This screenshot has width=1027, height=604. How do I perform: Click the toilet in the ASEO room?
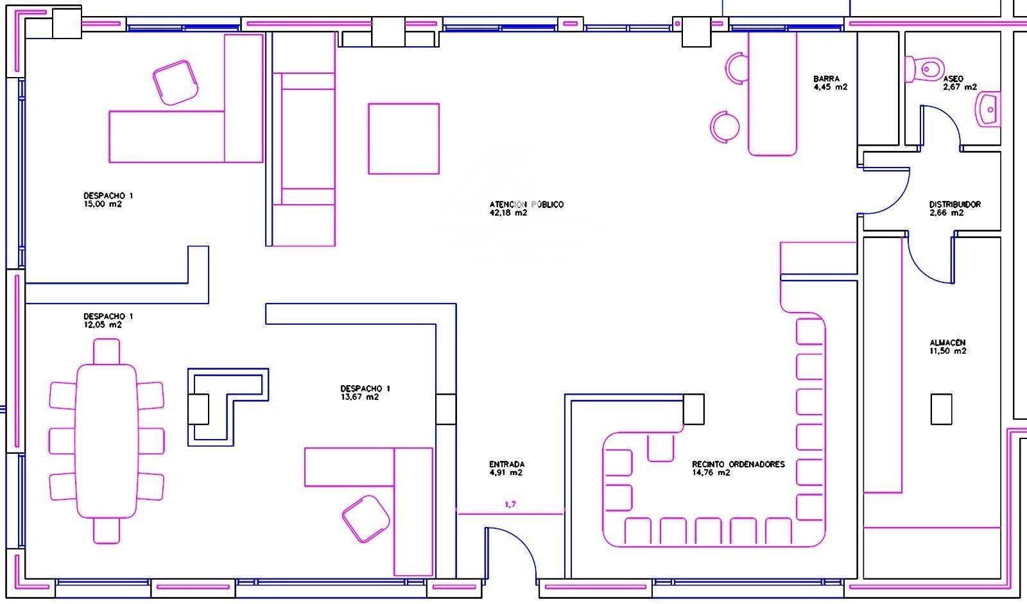pyautogui.click(x=924, y=69)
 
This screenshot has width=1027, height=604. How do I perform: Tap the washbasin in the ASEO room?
pyautogui.click(x=988, y=109)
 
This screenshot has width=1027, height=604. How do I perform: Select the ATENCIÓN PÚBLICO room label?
pyautogui.click(x=526, y=205)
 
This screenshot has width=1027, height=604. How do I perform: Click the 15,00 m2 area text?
pyautogui.click(x=103, y=204)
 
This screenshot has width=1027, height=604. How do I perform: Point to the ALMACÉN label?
pyautogui.click(x=947, y=343)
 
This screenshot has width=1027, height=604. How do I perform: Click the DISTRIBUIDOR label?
pyautogui.click(x=955, y=205)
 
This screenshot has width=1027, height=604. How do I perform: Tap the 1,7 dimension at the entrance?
pyautogui.click(x=510, y=505)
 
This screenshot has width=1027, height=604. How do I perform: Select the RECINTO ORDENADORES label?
pyautogui.click(x=738, y=464)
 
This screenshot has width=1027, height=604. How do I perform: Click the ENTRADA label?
pyautogui.click(x=506, y=464)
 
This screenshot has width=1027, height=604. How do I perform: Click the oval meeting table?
pyautogui.click(x=107, y=441)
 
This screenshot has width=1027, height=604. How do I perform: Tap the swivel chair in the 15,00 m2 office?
pyautogui.click(x=175, y=83)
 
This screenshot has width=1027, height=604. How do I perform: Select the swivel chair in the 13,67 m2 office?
pyautogui.click(x=366, y=519)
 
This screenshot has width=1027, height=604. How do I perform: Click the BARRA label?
pyautogui.click(x=826, y=79)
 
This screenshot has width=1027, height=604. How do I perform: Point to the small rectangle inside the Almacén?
pyautogui.click(x=941, y=409)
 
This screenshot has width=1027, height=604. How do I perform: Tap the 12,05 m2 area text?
pyautogui.click(x=103, y=325)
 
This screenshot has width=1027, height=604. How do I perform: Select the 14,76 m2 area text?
pyautogui.click(x=711, y=473)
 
